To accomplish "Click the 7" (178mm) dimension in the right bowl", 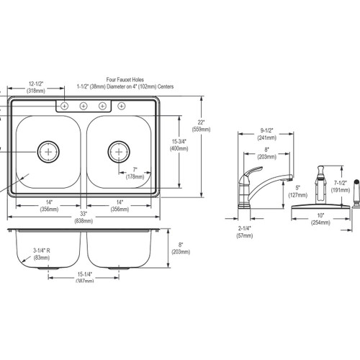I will tap(135, 173).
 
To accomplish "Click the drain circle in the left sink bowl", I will tap(48, 151).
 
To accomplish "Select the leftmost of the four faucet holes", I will tap(66, 107).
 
